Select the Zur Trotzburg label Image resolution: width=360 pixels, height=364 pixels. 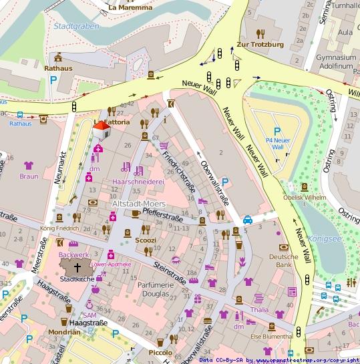click(261, 45)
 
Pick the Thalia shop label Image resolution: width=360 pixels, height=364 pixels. click(258, 310)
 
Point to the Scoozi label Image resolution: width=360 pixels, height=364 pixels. click(146, 240)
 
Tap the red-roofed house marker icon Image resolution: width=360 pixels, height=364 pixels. click(101, 130)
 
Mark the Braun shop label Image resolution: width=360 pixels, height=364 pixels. click(29, 177)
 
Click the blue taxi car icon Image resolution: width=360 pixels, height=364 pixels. click(247, 219)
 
